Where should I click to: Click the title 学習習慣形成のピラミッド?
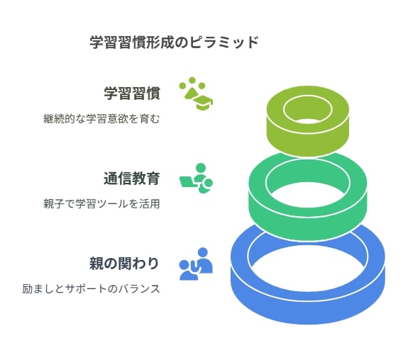[174, 43]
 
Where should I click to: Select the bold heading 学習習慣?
[132, 94]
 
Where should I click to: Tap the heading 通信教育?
[132, 179]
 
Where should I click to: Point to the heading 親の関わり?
[124, 264]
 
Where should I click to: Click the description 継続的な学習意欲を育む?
[101, 119]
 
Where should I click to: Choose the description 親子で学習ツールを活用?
[101, 204]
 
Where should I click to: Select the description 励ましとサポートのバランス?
[92, 289]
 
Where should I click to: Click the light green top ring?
[308, 139]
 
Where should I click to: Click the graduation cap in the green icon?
[203, 101]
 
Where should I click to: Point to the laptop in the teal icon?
[189, 182]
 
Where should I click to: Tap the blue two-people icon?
[196, 264]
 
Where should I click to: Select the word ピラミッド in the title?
[224, 43]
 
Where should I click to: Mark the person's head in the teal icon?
[201, 169]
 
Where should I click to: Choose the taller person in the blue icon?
[204, 261]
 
